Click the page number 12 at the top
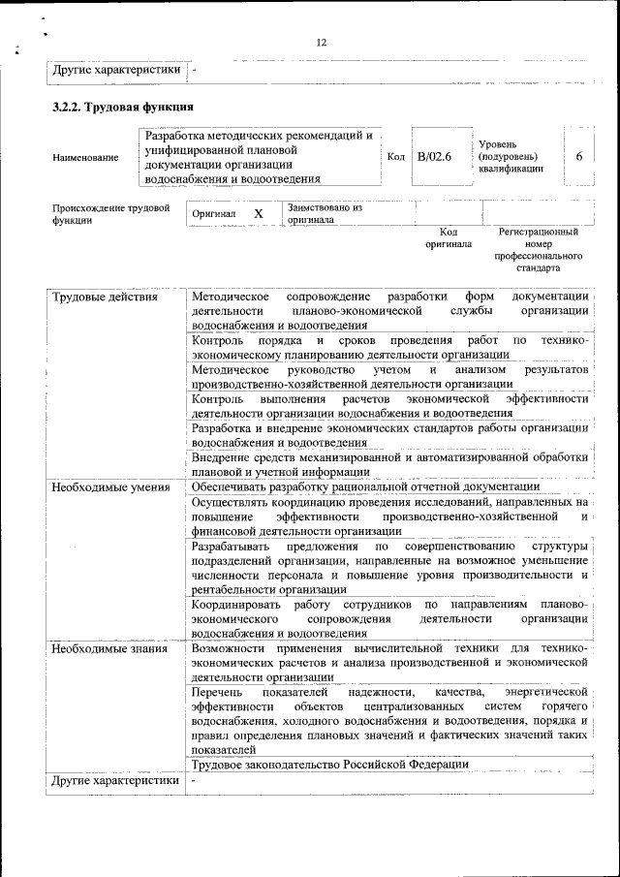point(322,42)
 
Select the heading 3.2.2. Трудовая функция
point(123,107)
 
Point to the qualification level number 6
point(578,156)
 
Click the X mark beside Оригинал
point(258,213)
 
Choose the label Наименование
point(86,157)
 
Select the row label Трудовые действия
point(105,296)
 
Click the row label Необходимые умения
point(110,486)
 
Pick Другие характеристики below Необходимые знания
point(115,780)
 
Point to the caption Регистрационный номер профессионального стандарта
point(538,250)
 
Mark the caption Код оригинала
point(448,238)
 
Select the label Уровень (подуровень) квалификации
point(511,156)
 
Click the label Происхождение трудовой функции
point(111,213)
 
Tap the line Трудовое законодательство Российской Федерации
point(330,764)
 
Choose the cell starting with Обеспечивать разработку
point(365,486)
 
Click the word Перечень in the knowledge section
point(217,693)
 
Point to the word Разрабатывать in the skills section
point(231,548)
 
